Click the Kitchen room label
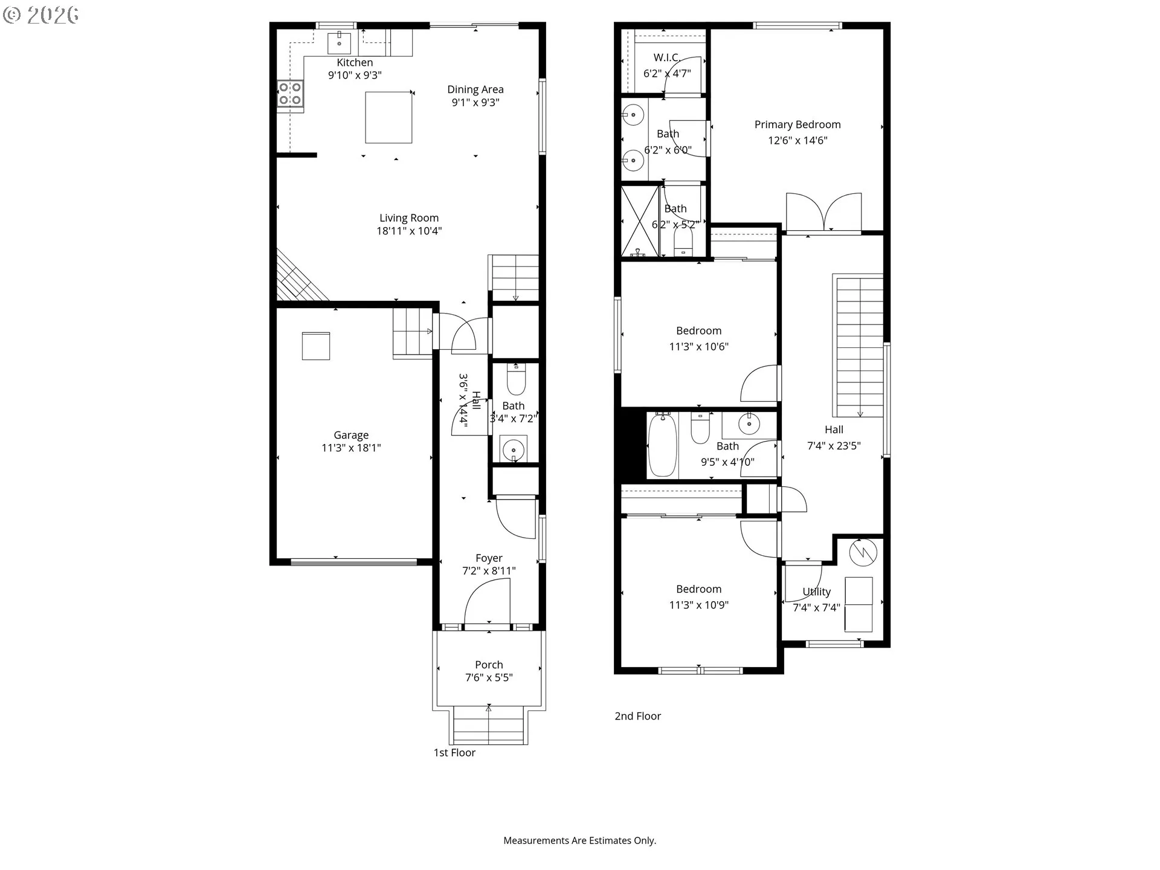pos(355,62)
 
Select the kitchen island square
pos(388,117)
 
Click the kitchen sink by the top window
pos(339,43)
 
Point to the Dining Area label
pos(475,89)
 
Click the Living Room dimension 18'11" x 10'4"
pos(409,231)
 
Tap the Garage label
pos(351,435)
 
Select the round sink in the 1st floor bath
pos(514,449)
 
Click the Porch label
pos(489,665)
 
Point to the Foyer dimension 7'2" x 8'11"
pos(489,571)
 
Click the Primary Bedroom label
pos(797,124)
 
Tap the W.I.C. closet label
pos(667,58)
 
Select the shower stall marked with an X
pos(640,222)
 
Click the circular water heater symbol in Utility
pos(863,552)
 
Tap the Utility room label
pos(817,591)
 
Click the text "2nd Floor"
pos(638,716)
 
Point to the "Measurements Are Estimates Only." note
pos(580,840)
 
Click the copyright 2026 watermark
pos(41,15)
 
